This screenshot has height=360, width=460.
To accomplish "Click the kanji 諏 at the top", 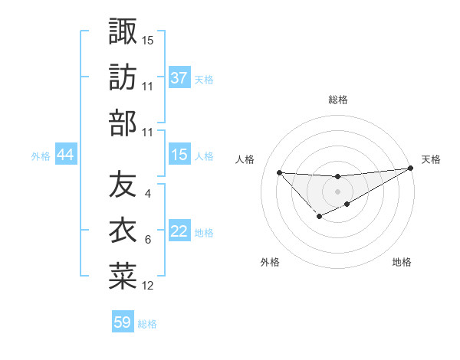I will [x=123, y=31].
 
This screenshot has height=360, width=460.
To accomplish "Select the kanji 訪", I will [x=123, y=77].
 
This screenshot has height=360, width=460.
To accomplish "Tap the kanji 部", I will [x=123, y=123].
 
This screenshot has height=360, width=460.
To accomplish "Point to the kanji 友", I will [x=123, y=185].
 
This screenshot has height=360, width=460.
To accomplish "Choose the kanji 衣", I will [x=123, y=231].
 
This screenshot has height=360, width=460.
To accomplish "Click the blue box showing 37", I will [x=179, y=78].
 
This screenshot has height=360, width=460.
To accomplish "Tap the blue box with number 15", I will [x=179, y=155].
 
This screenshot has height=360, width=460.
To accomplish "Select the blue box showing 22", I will [x=179, y=232].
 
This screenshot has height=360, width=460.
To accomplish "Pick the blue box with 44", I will [x=65, y=155].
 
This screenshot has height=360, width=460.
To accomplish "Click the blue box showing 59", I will [x=123, y=322].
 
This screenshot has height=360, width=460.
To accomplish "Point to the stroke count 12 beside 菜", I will [x=148, y=286].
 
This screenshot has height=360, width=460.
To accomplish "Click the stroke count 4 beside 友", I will [x=147, y=194].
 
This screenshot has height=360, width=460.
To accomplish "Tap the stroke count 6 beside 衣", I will [x=147, y=240].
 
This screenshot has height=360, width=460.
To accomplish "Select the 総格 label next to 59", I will [x=147, y=323].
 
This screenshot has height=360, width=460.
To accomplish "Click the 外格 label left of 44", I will [x=41, y=156].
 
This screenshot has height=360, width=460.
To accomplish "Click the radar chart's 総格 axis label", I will [x=337, y=100].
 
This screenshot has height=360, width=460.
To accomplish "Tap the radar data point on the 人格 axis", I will [x=279, y=172].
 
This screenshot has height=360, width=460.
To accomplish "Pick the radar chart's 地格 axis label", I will [x=402, y=263].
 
